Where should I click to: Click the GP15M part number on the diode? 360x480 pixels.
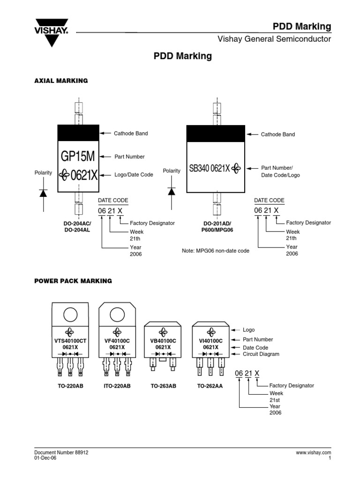coord(78,156)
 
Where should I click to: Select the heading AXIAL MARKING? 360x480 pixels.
coord(61,81)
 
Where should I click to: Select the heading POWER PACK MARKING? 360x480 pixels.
coord(73,281)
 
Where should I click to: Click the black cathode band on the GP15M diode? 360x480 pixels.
coord(78,132)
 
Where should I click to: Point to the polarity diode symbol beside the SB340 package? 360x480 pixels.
coord(172,191)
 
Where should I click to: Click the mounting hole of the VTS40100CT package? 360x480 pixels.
coord(71,314)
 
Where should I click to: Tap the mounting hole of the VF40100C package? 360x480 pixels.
coord(117,314)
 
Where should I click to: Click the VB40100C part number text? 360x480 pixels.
coord(163,340)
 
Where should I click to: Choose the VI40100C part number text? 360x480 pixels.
coord(210,340)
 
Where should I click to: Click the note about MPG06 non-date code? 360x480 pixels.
coord(216,251)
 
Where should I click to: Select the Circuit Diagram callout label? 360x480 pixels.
coord(261,354)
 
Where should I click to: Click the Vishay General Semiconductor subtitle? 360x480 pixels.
coord(274,39)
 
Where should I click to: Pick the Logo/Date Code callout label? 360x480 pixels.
coord(134,175)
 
